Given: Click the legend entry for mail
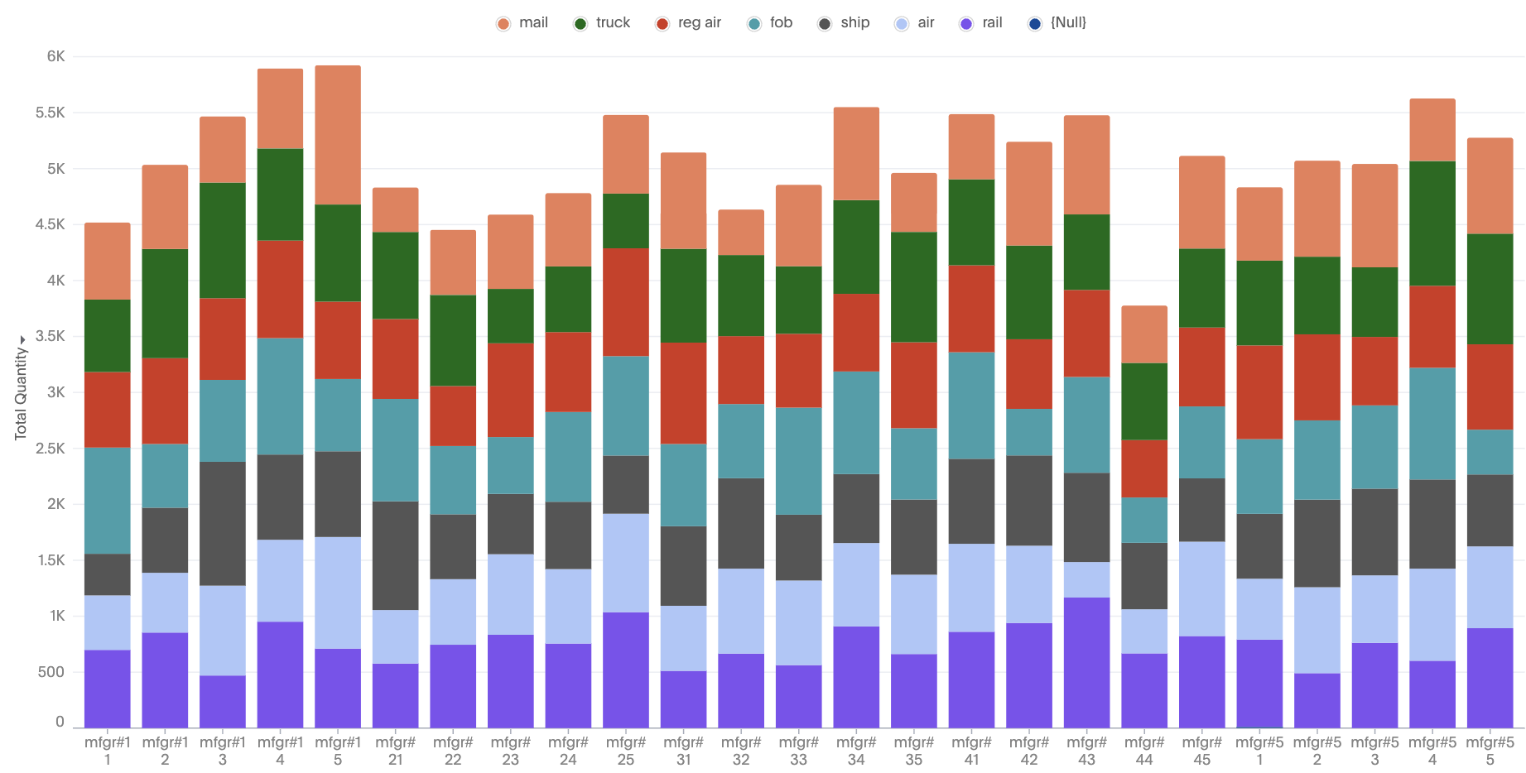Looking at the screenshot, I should pos(522,23).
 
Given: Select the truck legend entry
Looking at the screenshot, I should pos(602,23).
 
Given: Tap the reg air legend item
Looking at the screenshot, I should pos(689,23).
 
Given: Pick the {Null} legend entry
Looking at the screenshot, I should pos(1057,23).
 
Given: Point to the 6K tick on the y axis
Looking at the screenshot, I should pos(55,56).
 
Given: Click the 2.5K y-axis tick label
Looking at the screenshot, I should pos(51,449).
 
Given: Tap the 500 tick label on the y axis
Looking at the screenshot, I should pos(51,672).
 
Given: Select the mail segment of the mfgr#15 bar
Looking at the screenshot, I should pos(338,135).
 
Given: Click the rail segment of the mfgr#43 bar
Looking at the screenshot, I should pos(1086,662).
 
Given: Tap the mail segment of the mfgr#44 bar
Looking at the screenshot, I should pos(1144,334).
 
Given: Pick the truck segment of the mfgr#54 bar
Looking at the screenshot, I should pos(1432,223).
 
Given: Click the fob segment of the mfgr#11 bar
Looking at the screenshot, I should pos(108,501).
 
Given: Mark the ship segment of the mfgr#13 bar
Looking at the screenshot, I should pos(223,523).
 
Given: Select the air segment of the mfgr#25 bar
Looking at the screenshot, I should pos(626,563).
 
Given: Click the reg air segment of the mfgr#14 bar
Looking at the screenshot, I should pos(280,289).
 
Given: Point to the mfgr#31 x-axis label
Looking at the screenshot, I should pos(683,751).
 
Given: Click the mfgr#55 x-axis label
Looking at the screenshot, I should pos(1490,751).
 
